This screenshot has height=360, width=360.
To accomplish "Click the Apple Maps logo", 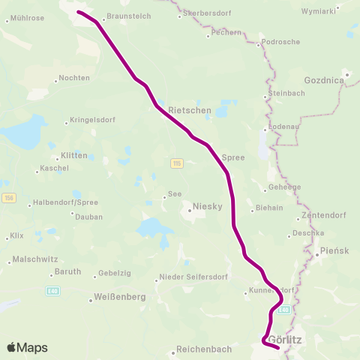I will click(x=27, y=347).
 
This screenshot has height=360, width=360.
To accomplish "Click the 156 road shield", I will click(x=8, y=197).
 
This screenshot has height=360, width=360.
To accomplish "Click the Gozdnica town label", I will click(x=324, y=79).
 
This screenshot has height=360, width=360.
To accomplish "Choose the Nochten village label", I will click(x=73, y=78).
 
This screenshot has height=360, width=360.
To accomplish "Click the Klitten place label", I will click(x=73, y=155).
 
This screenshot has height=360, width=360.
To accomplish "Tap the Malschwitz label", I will click(x=27, y=260).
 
